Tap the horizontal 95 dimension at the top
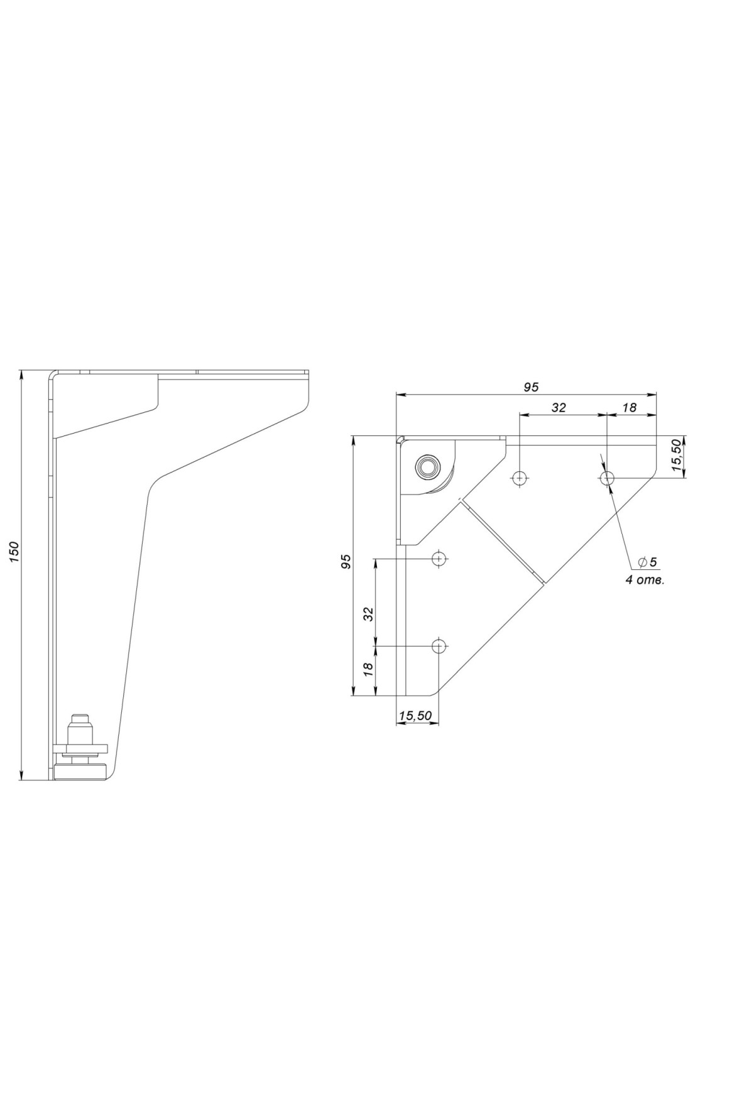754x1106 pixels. (531, 387)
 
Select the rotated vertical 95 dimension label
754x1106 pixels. (346, 562)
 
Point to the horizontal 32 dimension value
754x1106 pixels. (559, 407)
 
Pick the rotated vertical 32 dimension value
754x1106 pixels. (369, 613)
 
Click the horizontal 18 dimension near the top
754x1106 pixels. (629, 407)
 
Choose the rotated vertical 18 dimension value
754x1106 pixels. (369, 667)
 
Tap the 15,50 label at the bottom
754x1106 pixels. (415, 715)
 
